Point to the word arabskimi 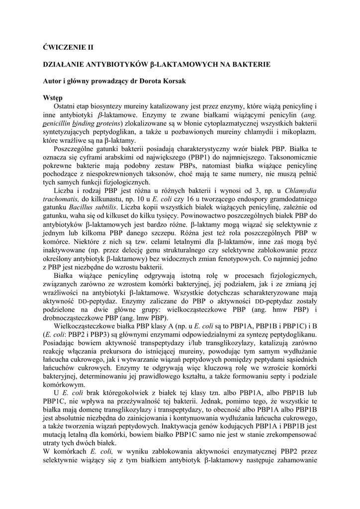pyautogui.click(x=127, y=157)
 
